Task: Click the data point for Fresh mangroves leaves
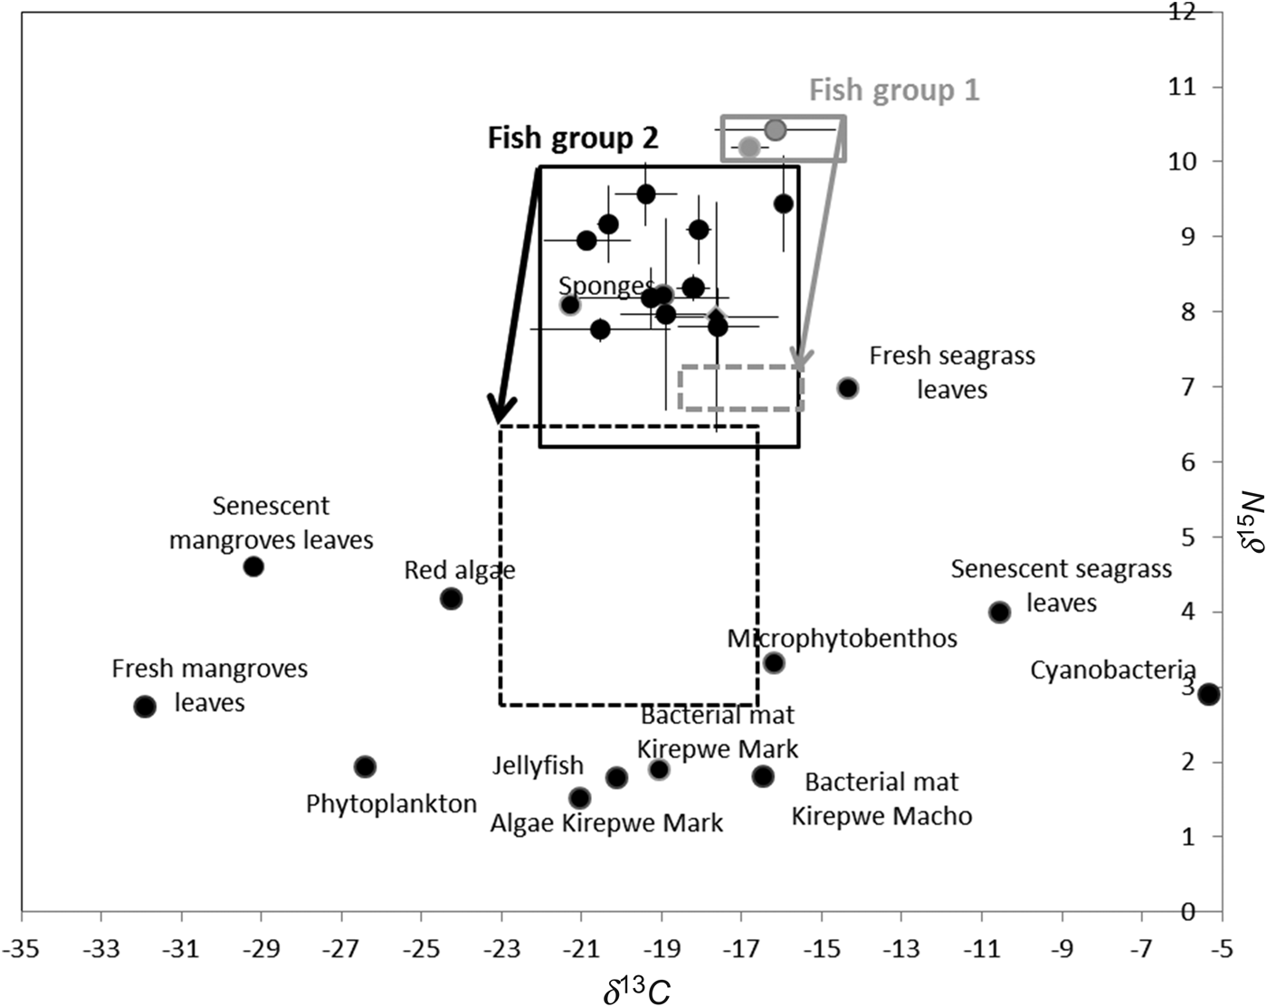pos(145,706)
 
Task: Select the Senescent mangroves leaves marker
pos(253,566)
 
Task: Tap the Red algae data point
pos(451,598)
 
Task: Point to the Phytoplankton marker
pos(365,766)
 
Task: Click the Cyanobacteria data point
pos(1209,694)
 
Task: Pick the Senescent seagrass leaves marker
pos(999,612)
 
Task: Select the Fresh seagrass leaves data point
pos(847,388)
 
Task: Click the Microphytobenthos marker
pos(774,662)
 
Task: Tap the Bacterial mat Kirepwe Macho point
pos(763,775)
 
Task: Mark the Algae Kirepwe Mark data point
pos(580,798)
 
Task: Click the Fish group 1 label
pos(893,90)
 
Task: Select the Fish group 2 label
pos(573,138)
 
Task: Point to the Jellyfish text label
pos(538,765)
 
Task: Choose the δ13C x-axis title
pos(637,989)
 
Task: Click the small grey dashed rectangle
pos(741,388)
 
